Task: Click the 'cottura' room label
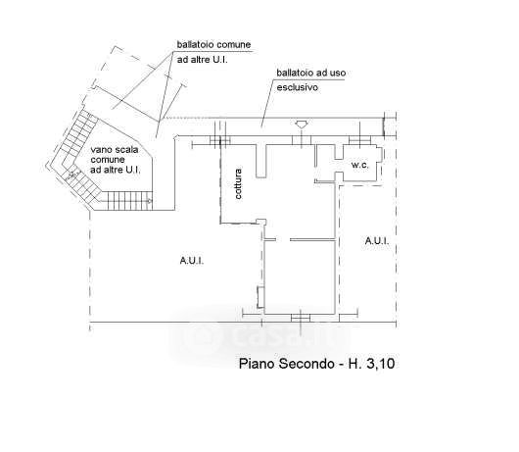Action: [x=238, y=183]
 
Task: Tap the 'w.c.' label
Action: [x=359, y=165]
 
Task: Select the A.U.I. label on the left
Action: [x=192, y=261]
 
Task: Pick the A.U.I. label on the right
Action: [x=377, y=241]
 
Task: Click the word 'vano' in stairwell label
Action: [x=101, y=150]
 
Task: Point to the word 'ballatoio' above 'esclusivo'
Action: [x=295, y=73]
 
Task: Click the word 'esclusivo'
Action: [x=298, y=87]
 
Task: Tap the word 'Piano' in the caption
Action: [x=257, y=364]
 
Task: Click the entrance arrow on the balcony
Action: [x=302, y=125]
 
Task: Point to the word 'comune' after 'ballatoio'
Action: [x=232, y=44]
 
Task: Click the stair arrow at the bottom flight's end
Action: [x=149, y=200]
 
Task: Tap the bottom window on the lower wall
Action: [x=301, y=318]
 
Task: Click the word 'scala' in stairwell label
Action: [x=125, y=150]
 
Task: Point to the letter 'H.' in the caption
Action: [x=354, y=364]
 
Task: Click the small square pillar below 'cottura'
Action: [x=261, y=222]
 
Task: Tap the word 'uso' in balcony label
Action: [x=338, y=73]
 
